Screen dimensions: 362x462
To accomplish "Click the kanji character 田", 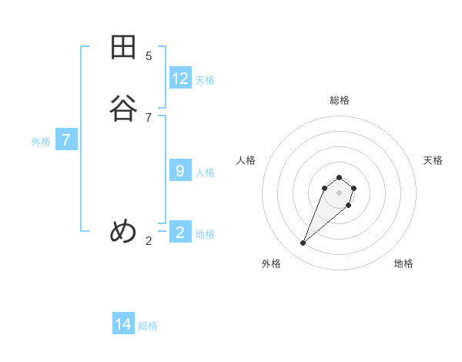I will point(123,48).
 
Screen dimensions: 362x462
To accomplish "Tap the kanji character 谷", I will point(123,108).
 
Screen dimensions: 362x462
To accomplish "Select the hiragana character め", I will point(123,231).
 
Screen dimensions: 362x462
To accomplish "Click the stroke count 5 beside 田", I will point(149,55).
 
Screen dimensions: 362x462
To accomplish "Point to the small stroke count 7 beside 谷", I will point(149,117).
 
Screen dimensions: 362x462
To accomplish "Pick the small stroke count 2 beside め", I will point(149,241).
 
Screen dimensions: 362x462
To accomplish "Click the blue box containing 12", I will point(180,78).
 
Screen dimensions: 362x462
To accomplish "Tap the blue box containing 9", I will point(180,170).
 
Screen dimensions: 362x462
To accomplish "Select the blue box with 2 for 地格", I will point(180,232).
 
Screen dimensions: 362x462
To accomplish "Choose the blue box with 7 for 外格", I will point(66,140).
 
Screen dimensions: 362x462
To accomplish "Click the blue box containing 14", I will point(123,324).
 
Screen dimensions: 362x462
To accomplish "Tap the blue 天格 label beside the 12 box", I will point(205,80).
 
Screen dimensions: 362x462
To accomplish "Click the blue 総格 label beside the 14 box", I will point(148,326).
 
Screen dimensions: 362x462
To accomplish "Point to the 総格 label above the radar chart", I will point(339,100).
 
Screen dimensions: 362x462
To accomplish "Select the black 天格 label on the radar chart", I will point(433,160).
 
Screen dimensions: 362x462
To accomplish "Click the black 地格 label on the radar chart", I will point(403,263).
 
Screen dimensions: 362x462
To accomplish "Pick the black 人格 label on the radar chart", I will point(246,160).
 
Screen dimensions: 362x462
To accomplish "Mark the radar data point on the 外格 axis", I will point(303,243).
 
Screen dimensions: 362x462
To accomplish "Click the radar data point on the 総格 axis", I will point(339,176).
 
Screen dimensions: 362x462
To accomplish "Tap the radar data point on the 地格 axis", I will point(349,206).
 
